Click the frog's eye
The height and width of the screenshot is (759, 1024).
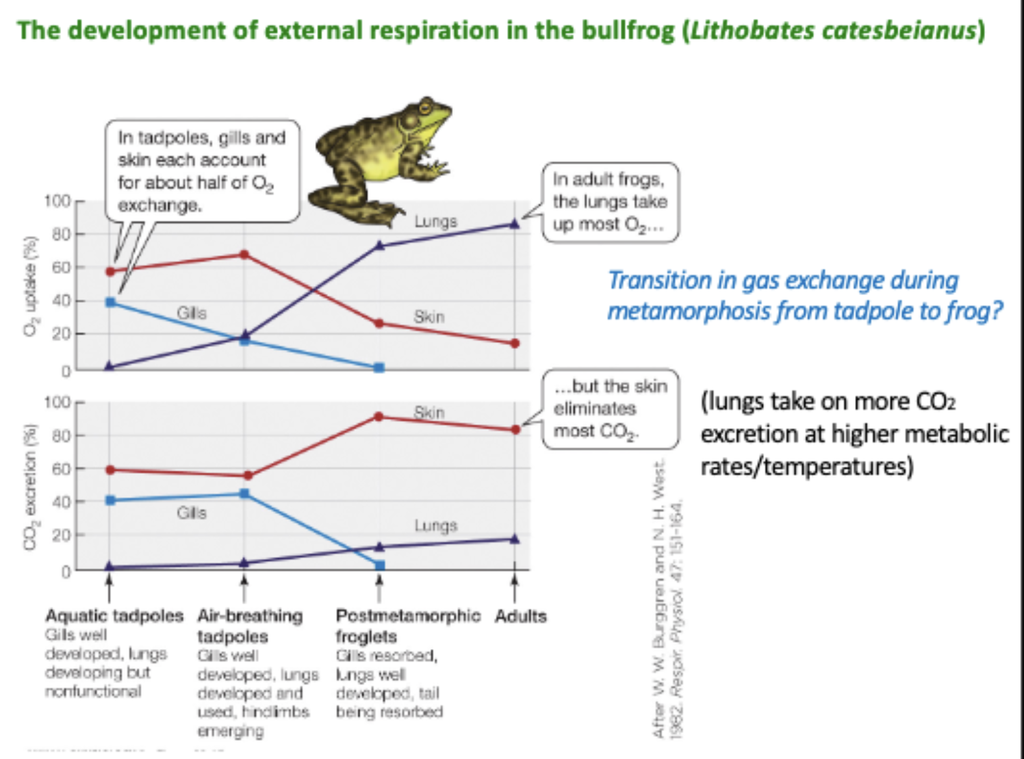tap(426, 106)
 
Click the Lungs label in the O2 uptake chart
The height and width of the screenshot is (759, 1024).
tap(435, 222)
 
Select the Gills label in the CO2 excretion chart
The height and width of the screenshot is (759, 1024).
tap(191, 513)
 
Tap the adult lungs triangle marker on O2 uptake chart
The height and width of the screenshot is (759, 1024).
tap(515, 224)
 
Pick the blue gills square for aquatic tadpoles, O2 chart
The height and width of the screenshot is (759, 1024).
tap(110, 302)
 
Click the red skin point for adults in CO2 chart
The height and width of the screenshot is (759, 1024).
tap(515, 430)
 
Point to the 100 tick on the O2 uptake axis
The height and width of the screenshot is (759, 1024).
tap(57, 201)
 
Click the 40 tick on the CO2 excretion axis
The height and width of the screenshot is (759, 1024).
tap(61, 502)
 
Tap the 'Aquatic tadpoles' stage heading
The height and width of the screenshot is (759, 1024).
tap(114, 615)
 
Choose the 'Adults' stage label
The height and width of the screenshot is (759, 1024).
tap(520, 615)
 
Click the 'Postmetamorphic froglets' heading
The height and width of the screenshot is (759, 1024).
tap(407, 625)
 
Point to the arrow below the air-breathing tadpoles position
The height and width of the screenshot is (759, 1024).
tap(244, 588)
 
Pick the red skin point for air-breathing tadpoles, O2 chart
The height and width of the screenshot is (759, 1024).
tap(244, 254)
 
